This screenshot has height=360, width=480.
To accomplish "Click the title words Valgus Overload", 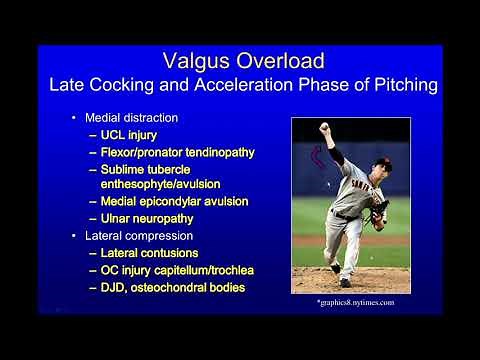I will (x=240, y=61).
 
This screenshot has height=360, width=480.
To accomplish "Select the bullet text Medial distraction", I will (x=137, y=119).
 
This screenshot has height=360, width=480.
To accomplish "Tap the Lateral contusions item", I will (x=149, y=253).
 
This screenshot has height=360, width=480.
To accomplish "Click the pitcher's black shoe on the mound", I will (x=345, y=282).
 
